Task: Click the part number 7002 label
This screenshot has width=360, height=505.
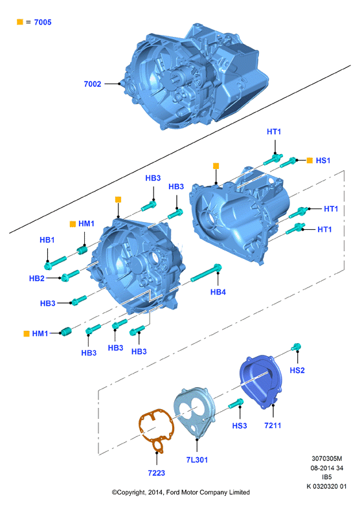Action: (x=93, y=84)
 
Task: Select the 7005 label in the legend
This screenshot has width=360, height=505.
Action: (x=43, y=22)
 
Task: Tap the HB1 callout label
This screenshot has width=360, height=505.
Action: (x=47, y=240)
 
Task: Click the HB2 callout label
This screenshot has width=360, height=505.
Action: (x=37, y=278)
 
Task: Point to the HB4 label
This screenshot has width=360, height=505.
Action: (x=218, y=292)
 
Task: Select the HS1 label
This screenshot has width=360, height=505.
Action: (x=323, y=161)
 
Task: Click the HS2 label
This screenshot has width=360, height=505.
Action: (x=297, y=370)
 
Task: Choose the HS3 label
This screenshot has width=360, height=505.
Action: (x=240, y=426)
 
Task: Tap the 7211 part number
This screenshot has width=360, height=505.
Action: (x=273, y=425)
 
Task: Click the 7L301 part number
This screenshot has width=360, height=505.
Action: (x=197, y=460)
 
